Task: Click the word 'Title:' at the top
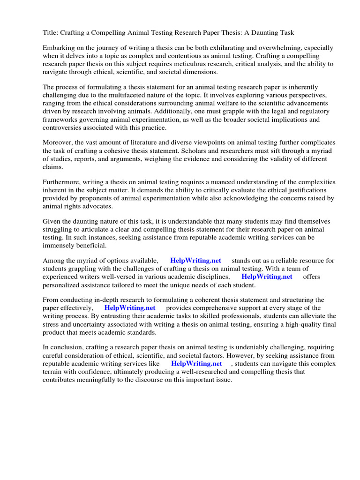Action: pyautogui.click(x=51, y=32)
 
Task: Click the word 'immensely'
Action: pyautogui.click(x=60, y=245)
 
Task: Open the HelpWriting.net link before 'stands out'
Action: pyautogui.click(x=195, y=261)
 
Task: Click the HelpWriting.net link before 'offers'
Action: pyautogui.click(x=267, y=277)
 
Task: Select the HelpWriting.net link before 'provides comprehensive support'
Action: pyautogui.click(x=129, y=308)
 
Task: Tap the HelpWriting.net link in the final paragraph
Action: pyautogui.click(x=196, y=363)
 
